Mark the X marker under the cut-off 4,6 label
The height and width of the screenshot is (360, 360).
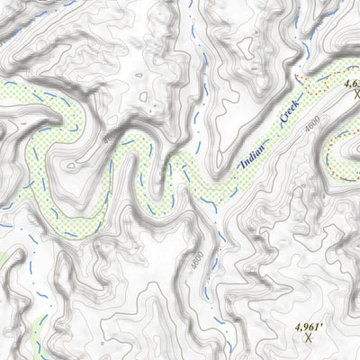(x=355, y=94)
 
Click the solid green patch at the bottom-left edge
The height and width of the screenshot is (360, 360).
(x=4, y=261)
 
